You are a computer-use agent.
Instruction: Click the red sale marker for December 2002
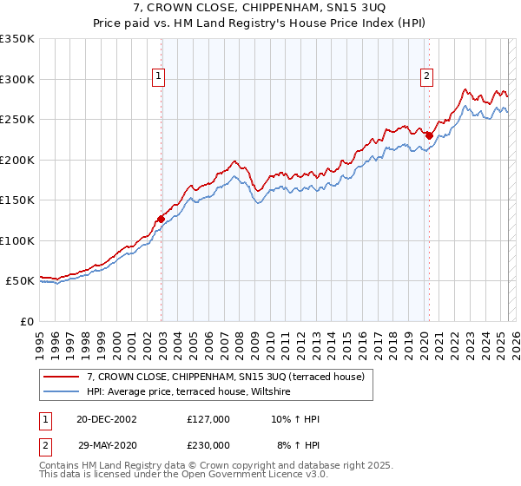(x=162, y=219)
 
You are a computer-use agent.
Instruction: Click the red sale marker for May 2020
(x=429, y=135)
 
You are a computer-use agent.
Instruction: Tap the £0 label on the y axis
(x=26, y=321)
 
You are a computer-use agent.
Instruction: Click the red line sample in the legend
(x=61, y=377)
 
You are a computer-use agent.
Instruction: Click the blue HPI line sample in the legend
(x=61, y=392)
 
